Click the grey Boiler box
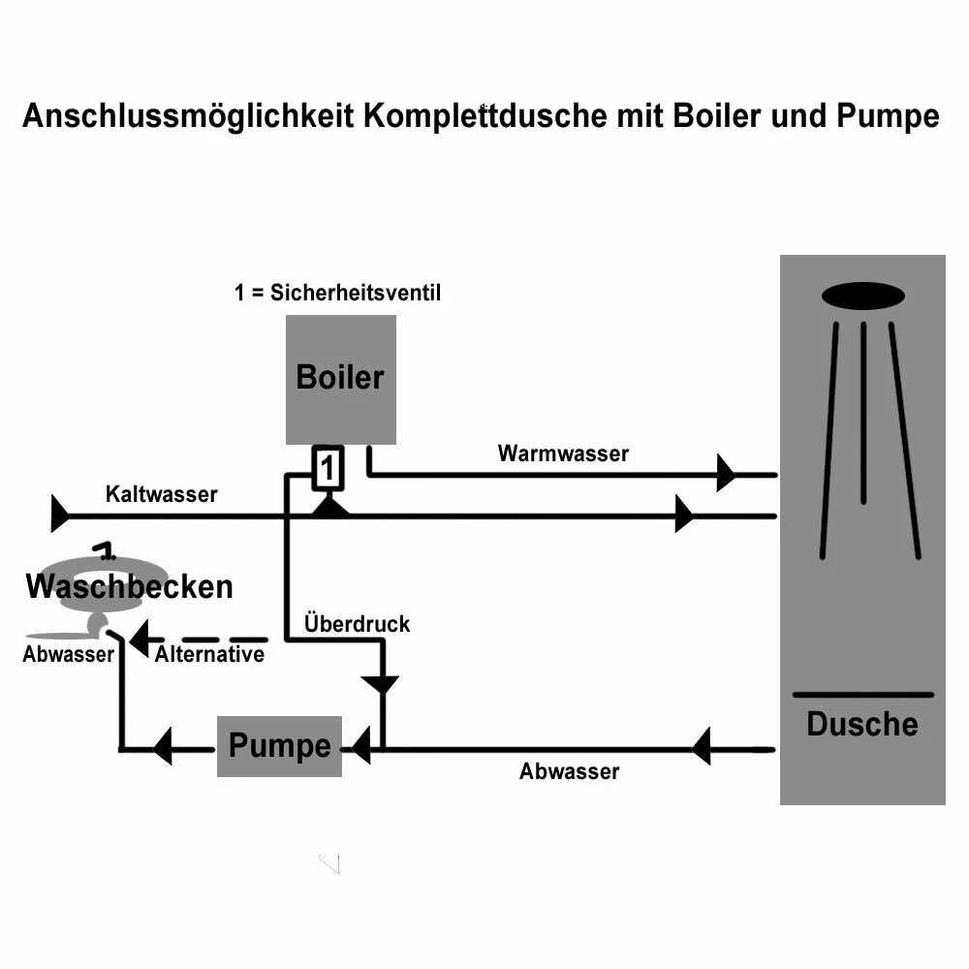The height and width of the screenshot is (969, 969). pyautogui.click(x=340, y=379)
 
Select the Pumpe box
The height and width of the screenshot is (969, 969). pyautogui.click(x=279, y=746)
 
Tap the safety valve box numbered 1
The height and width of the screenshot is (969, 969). pyautogui.click(x=328, y=469)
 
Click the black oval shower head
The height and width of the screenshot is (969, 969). pyautogui.click(x=862, y=296)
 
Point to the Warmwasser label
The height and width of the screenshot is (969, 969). pyautogui.click(x=563, y=453)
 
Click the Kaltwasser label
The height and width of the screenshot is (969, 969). pyautogui.click(x=161, y=494)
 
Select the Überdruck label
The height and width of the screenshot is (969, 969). pyautogui.click(x=357, y=623)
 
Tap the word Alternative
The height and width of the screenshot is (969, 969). pyautogui.click(x=209, y=654)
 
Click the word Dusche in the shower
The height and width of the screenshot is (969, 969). pyautogui.click(x=861, y=724)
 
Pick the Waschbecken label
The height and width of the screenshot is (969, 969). pyautogui.click(x=129, y=586)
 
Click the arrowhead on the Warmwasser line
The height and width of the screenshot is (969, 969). pyautogui.click(x=725, y=474)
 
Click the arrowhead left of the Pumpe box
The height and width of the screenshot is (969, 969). pyautogui.click(x=162, y=747)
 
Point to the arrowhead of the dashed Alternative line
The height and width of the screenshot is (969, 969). pyautogui.click(x=139, y=640)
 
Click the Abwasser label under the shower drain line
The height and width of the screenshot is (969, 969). pyautogui.click(x=569, y=771)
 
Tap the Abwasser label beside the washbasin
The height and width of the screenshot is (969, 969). pyautogui.click(x=68, y=654)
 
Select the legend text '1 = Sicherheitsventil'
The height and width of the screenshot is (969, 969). pyautogui.click(x=337, y=293)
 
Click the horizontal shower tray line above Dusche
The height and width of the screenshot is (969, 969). pyautogui.click(x=862, y=695)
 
